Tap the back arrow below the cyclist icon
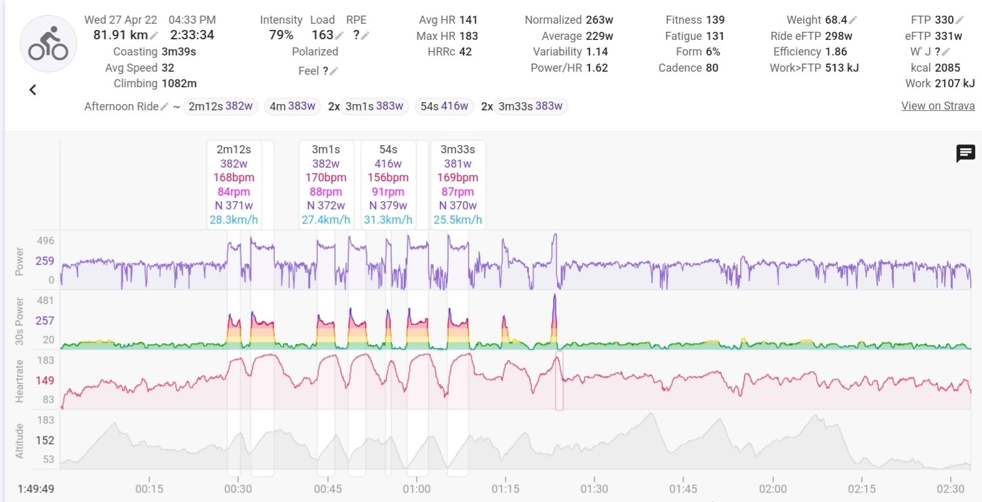click(x=33, y=90)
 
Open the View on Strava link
click(x=938, y=106)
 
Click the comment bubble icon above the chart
click(x=965, y=153)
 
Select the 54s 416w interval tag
click(x=444, y=107)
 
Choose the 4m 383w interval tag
click(x=292, y=107)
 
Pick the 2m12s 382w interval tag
click(x=221, y=107)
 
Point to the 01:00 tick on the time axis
click(x=416, y=489)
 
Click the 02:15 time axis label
click(x=862, y=489)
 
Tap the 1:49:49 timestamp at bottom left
click(x=36, y=489)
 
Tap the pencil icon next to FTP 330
click(x=960, y=20)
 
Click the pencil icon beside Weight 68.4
click(x=853, y=20)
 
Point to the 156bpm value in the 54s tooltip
click(x=388, y=178)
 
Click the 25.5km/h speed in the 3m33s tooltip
click(x=457, y=220)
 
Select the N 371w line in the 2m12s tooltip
click(x=234, y=206)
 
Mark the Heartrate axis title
click(x=19, y=381)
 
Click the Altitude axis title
click(x=19, y=440)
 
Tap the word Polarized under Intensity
click(x=315, y=52)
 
